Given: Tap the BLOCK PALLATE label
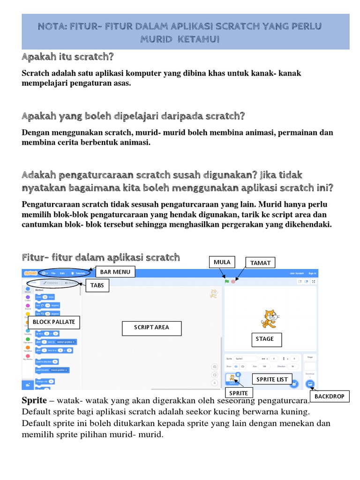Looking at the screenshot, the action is pyautogui.click(x=53, y=322).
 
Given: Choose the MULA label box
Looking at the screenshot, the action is pyautogui.click(x=222, y=262).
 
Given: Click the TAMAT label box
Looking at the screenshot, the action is pyautogui.click(x=260, y=262).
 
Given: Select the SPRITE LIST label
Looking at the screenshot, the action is pyautogui.click(x=272, y=379).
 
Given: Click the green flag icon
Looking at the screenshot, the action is pyautogui.click(x=227, y=281).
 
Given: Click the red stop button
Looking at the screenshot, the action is pyautogui.click(x=233, y=281).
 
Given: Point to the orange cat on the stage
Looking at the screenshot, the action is pyautogui.click(x=268, y=319).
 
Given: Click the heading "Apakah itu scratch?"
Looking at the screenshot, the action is pyautogui.click(x=68, y=57).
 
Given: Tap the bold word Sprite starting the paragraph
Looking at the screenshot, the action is pyautogui.click(x=34, y=401).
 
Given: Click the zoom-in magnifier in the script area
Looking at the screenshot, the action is pyautogui.click(x=215, y=367).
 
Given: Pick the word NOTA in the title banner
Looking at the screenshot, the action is pyautogui.click(x=53, y=26).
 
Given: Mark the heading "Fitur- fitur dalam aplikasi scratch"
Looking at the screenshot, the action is pyautogui.click(x=101, y=257).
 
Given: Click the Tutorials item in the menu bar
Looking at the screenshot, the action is pyautogui.click(x=80, y=273).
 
